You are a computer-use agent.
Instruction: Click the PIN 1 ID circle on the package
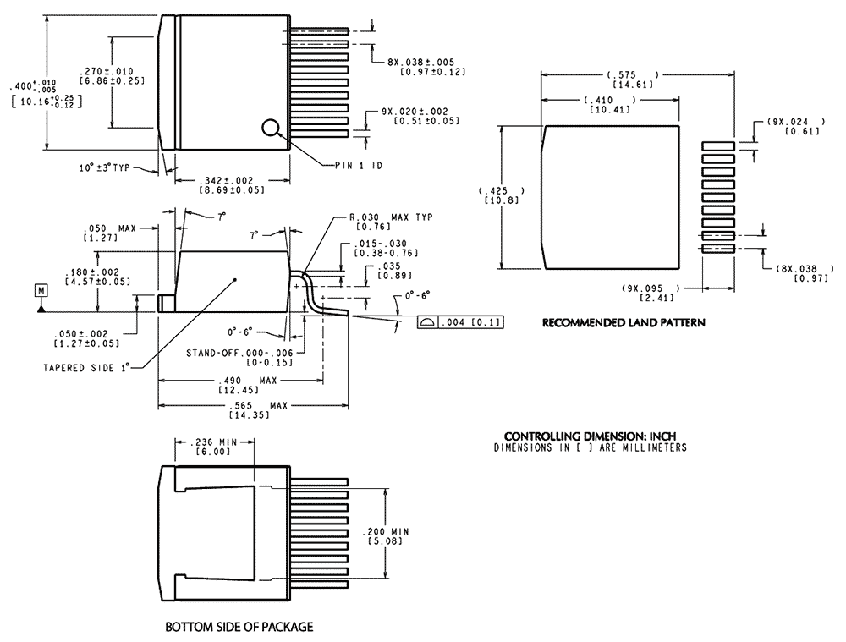[x=271, y=128]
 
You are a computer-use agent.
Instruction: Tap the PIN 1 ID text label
[x=359, y=166]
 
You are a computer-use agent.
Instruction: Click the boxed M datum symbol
[x=41, y=291]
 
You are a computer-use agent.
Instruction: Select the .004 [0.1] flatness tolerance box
[x=460, y=322]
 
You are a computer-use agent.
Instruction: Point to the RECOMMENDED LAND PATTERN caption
[x=624, y=323]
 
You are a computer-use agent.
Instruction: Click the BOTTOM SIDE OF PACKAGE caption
[x=239, y=627]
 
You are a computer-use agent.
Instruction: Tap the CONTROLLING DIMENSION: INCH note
[x=590, y=436]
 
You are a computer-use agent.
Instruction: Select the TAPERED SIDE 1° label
[x=87, y=368]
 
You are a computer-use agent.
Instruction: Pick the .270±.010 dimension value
[x=107, y=71]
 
